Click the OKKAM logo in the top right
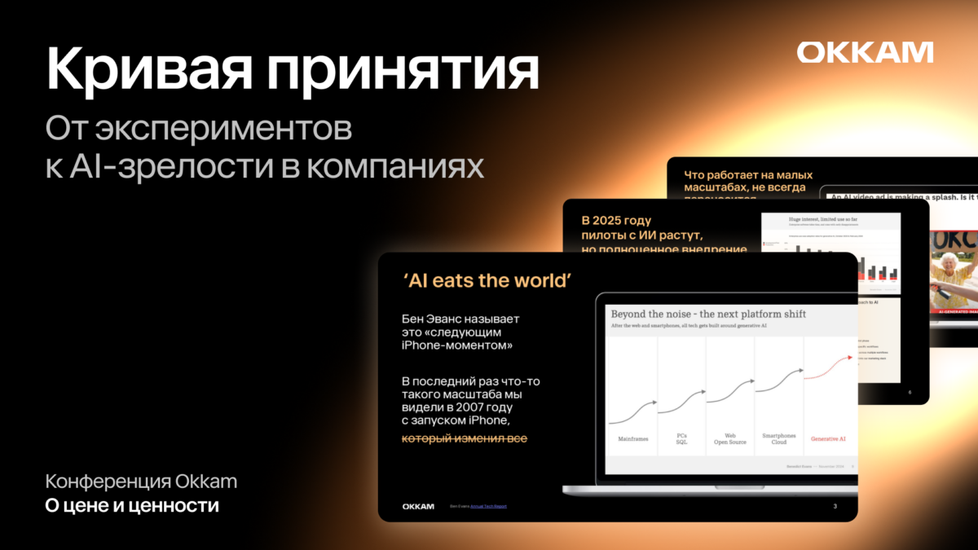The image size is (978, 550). pos(865,52)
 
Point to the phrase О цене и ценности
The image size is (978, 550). pos(132,506)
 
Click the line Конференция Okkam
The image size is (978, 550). pos(141,481)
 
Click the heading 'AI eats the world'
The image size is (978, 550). pos(487,280)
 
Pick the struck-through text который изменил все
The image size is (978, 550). pos(465,439)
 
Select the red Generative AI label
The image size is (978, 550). pos(828,439)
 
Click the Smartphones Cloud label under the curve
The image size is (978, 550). pos(779,439)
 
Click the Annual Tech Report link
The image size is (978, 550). pos(488,506)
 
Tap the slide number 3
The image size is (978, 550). pos(835,506)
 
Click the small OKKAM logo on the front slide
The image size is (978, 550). pos(418,506)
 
